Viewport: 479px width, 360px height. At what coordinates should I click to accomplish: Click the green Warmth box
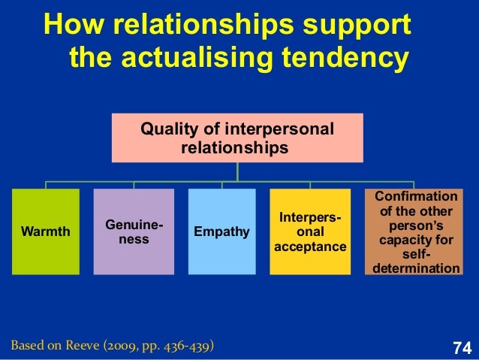point(45,231)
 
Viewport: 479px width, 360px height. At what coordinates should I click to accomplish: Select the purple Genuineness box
point(134,231)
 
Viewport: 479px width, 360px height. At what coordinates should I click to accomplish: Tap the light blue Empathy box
point(221,231)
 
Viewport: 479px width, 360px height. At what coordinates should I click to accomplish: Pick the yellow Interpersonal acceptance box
point(310,231)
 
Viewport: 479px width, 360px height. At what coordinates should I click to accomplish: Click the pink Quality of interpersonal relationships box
point(237,138)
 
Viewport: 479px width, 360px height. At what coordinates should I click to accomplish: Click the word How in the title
point(72,27)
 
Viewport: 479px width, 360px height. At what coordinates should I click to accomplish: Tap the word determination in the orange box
point(412,268)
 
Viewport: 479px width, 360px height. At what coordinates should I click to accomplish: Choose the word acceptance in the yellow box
point(310,247)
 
